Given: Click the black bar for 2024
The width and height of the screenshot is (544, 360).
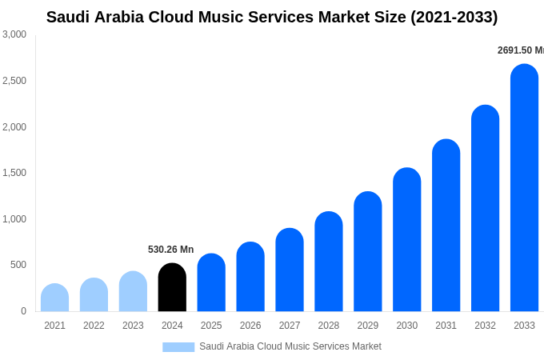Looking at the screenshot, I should coord(172,287).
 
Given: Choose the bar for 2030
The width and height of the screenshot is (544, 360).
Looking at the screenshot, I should coord(406,240).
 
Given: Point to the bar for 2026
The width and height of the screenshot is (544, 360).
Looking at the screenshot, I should coord(250,277).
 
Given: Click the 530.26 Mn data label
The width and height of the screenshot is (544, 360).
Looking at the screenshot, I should coord(170,250).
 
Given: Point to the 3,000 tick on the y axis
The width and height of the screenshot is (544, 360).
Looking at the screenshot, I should coord(14,34).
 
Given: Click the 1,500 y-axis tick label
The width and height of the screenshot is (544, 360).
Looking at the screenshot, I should coord(14,173).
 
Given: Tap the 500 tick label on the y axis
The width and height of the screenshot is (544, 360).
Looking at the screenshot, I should coord(18,265).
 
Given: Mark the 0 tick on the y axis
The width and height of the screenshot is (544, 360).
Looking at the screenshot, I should coord(23,311).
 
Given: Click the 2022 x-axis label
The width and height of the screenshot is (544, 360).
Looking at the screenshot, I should coord(94,326).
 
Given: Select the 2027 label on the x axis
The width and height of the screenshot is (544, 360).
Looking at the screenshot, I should coord(290,326).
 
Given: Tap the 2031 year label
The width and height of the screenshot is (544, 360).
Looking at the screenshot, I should coord(446,326).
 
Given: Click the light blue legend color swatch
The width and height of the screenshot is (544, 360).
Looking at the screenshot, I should coord(178,347).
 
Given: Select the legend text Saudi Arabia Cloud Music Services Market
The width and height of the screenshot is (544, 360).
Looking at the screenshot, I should coord(290,346).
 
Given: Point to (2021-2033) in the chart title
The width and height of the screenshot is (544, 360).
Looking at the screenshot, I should coord(454,17).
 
